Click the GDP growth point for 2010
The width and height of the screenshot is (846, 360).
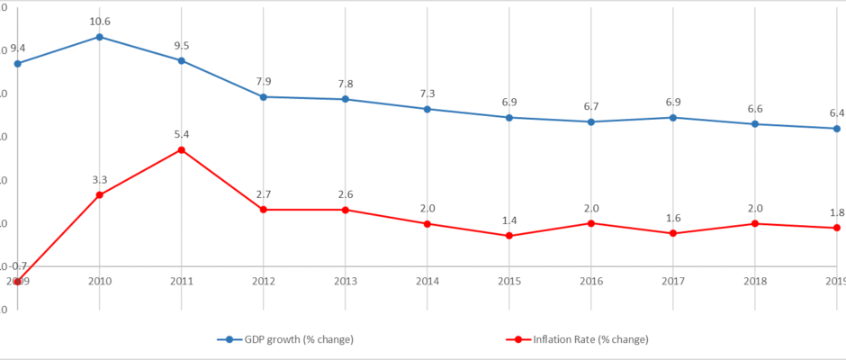[x=99, y=37]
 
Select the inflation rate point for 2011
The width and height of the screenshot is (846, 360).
[x=181, y=149]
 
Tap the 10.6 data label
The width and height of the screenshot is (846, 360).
[x=99, y=22]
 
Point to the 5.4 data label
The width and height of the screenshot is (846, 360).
[x=181, y=134]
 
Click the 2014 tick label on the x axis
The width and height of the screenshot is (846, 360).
[x=427, y=282]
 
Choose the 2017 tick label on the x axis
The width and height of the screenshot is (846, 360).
[x=671, y=282]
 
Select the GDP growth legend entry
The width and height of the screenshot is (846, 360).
[x=285, y=339]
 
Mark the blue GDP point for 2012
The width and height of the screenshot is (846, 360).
[x=263, y=96]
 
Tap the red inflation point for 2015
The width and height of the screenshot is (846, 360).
[x=508, y=236]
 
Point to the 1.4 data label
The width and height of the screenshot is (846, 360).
[x=508, y=220]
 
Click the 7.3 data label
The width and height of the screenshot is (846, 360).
[x=427, y=94]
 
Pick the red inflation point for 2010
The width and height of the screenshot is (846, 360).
[x=99, y=194]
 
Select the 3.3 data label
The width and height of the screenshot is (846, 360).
[x=99, y=180]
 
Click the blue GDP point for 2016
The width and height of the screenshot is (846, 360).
[x=590, y=121]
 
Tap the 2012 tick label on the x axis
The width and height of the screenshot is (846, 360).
[x=263, y=282]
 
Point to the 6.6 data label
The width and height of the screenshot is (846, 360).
[x=753, y=109]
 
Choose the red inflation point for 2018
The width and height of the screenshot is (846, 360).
[x=753, y=223]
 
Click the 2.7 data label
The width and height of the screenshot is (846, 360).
[x=263, y=194]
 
